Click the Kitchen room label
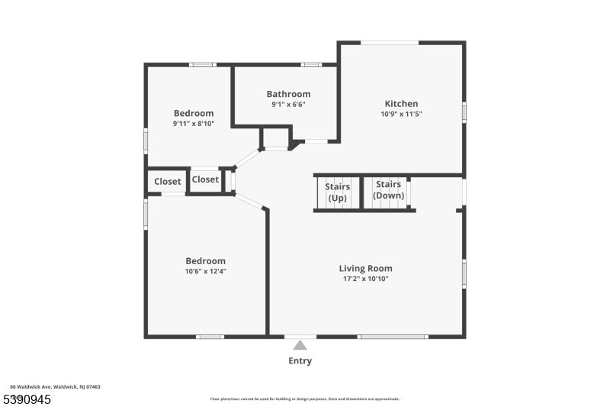coord(401,104)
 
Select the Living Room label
coord(366,268)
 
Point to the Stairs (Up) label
coord(337,191)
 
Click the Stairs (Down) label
coord(388,189)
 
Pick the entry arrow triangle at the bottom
coord(300,345)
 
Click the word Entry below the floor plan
coord(300,361)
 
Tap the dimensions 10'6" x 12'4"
coord(205,271)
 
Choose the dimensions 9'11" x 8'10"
coord(194,123)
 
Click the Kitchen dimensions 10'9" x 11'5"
coord(401,114)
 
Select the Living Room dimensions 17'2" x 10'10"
coord(366,278)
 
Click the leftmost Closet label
coord(168,182)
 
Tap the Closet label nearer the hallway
coord(205,179)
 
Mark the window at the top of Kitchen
coord(390,43)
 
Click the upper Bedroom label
coord(194,113)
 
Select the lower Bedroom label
coord(205,261)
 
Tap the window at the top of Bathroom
coord(310,65)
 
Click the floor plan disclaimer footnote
coord(304,399)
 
